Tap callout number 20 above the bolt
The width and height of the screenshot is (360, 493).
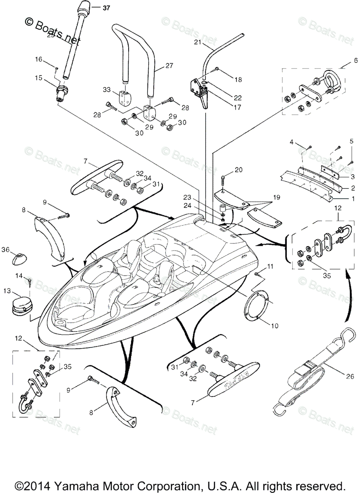click(x=238, y=170)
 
